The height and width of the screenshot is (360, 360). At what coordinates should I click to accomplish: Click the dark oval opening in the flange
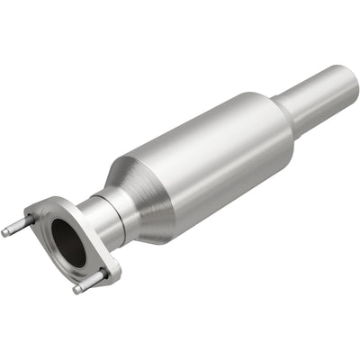point(68,243)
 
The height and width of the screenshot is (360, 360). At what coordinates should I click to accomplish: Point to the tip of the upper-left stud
point(5,231)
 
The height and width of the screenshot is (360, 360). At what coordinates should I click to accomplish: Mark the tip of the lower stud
point(77,290)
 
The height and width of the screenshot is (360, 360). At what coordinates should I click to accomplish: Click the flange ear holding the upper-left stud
point(36,216)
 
